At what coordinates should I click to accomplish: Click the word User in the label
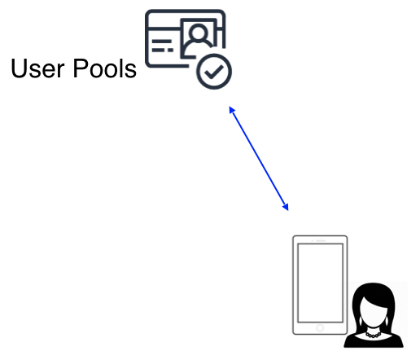37,68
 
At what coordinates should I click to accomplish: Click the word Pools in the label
105,68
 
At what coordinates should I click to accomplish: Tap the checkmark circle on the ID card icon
214,72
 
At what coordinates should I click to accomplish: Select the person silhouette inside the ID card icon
199,41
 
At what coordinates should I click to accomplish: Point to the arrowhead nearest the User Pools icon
232,110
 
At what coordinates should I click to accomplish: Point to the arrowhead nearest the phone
286,207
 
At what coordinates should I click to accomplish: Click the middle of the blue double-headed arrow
259,159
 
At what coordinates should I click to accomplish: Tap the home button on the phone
320,328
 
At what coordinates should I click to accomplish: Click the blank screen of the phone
320,283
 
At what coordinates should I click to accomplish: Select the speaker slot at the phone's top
321,240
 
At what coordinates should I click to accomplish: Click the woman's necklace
373,335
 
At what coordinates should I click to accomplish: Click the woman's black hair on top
374,291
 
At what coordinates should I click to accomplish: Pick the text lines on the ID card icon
162,46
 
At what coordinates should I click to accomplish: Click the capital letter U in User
19,68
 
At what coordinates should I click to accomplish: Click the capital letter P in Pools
81,68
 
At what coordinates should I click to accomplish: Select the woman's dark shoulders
374,341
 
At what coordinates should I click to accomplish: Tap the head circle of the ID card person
199,33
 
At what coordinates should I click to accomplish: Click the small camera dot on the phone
313,240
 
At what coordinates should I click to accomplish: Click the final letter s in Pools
131,71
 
